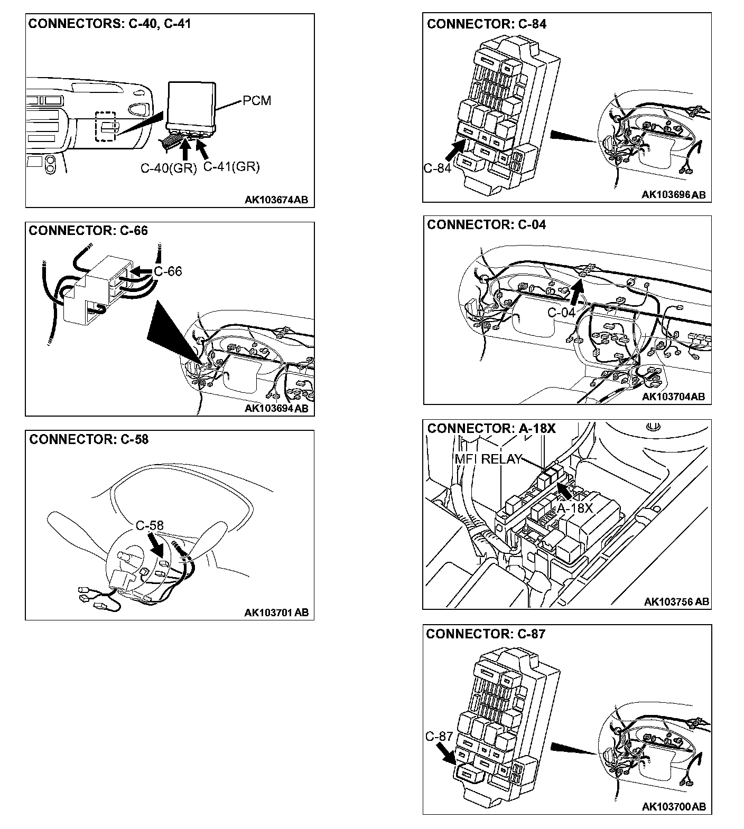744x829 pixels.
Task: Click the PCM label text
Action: coord(257,100)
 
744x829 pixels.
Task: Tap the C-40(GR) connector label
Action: coord(169,168)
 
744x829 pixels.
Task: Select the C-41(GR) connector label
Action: coord(231,167)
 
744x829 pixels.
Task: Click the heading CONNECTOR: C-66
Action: coord(88,231)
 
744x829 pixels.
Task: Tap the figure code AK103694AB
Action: coord(276,408)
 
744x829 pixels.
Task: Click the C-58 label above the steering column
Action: coord(150,525)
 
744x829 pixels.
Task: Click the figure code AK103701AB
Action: coord(276,613)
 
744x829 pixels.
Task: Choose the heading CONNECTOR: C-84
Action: coord(487,24)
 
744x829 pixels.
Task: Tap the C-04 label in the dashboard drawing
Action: coord(561,312)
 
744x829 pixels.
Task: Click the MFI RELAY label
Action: coord(488,459)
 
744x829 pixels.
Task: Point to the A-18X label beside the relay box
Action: coord(575,508)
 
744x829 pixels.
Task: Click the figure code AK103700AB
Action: coord(674,806)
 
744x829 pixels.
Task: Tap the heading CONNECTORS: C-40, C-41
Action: coord(109,24)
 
